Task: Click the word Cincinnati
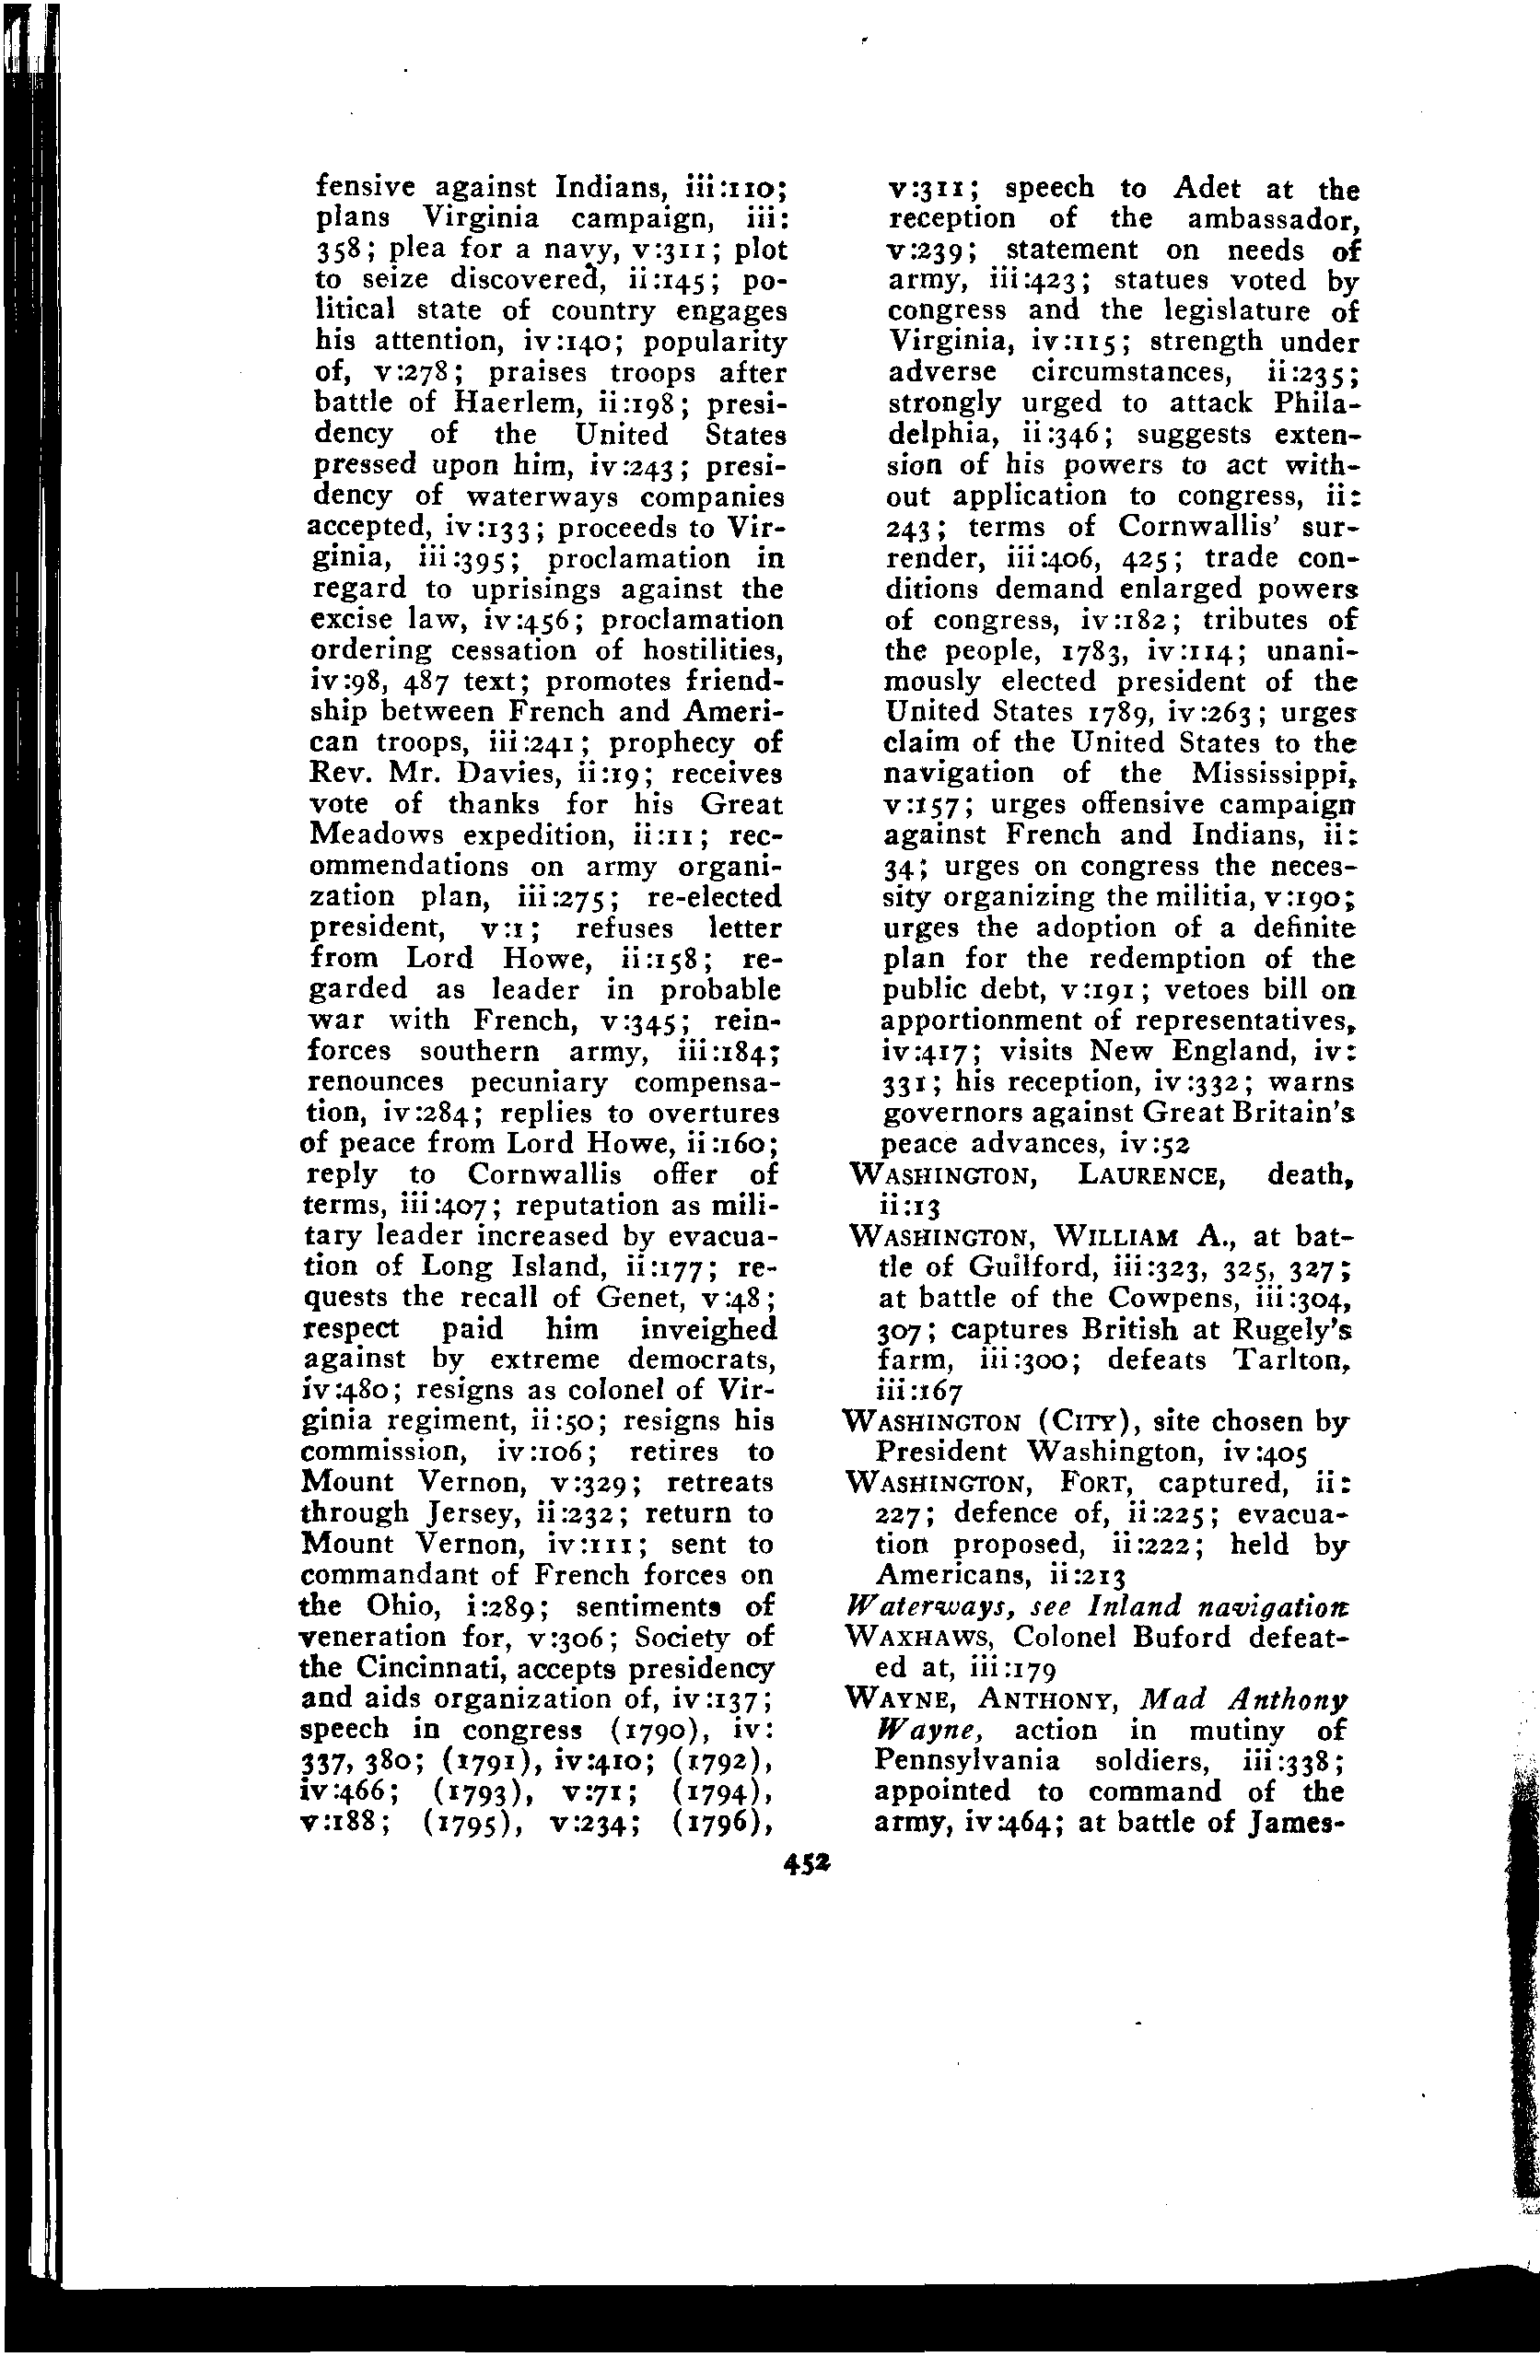[x=422, y=1668]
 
